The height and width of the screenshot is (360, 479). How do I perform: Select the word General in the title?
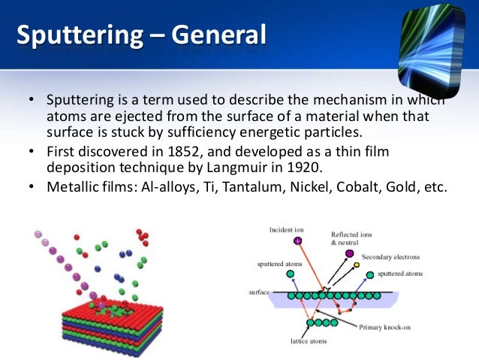[x=218, y=35]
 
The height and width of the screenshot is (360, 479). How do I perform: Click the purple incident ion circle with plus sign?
[x=298, y=241]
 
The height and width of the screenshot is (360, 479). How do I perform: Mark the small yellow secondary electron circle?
[x=357, y=265]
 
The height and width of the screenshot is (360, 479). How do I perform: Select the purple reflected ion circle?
[x=350, y=254]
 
